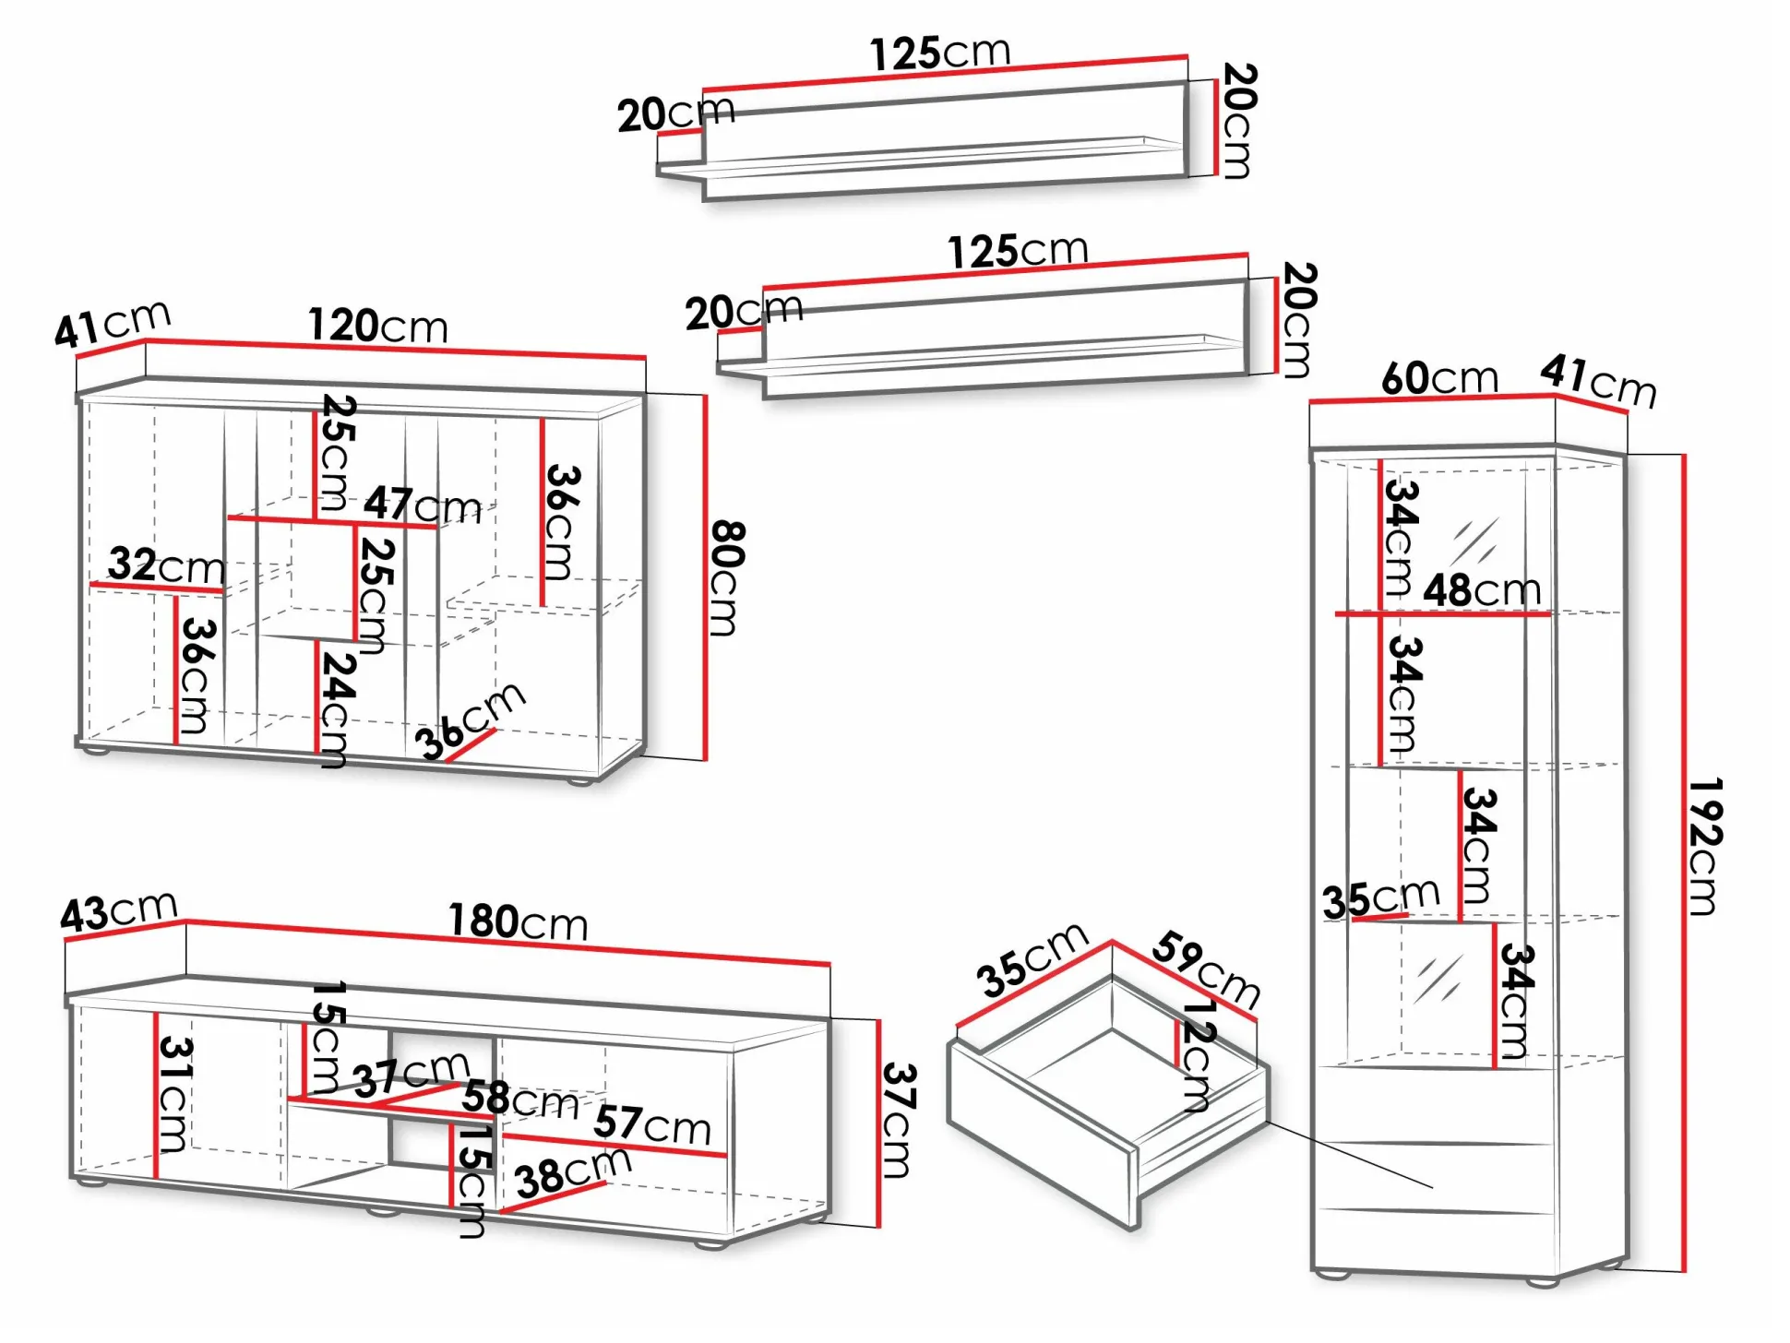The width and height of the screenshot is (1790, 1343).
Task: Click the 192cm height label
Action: coord(1704,847)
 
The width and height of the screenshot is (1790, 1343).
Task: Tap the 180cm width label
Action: coord(518,921)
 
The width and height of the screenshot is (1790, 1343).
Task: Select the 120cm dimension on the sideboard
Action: coord(377,326)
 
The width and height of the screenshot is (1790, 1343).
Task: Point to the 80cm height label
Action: coord(727,578)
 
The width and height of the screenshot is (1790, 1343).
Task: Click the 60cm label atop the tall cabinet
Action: coord(1438,378)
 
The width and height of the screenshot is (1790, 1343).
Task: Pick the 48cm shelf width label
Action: coord(1481,590)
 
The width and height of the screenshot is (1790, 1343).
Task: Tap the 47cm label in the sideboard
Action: coord(422,505)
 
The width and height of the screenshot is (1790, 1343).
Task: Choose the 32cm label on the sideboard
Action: coord(166,565)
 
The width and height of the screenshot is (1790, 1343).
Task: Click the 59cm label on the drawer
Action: coord(1206,969)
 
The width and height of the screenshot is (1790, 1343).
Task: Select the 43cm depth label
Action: coord(118,911)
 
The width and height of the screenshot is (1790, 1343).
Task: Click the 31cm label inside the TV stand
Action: coord(173,1094)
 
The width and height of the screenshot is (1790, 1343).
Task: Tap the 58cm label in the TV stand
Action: coord(519,1099)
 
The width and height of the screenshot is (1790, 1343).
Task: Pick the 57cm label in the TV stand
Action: coord(651,1124)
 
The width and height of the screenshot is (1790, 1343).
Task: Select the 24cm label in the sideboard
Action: coord(337,709)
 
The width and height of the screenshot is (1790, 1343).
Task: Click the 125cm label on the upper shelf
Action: coord(939,53)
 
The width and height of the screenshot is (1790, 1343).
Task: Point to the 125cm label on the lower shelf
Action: coord(1018,251)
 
